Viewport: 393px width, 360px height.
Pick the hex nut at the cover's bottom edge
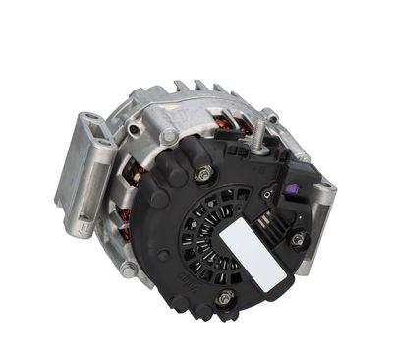coord(226,298)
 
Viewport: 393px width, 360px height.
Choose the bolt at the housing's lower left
coord(129,267)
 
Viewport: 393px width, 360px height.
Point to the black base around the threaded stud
coord(258,155)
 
